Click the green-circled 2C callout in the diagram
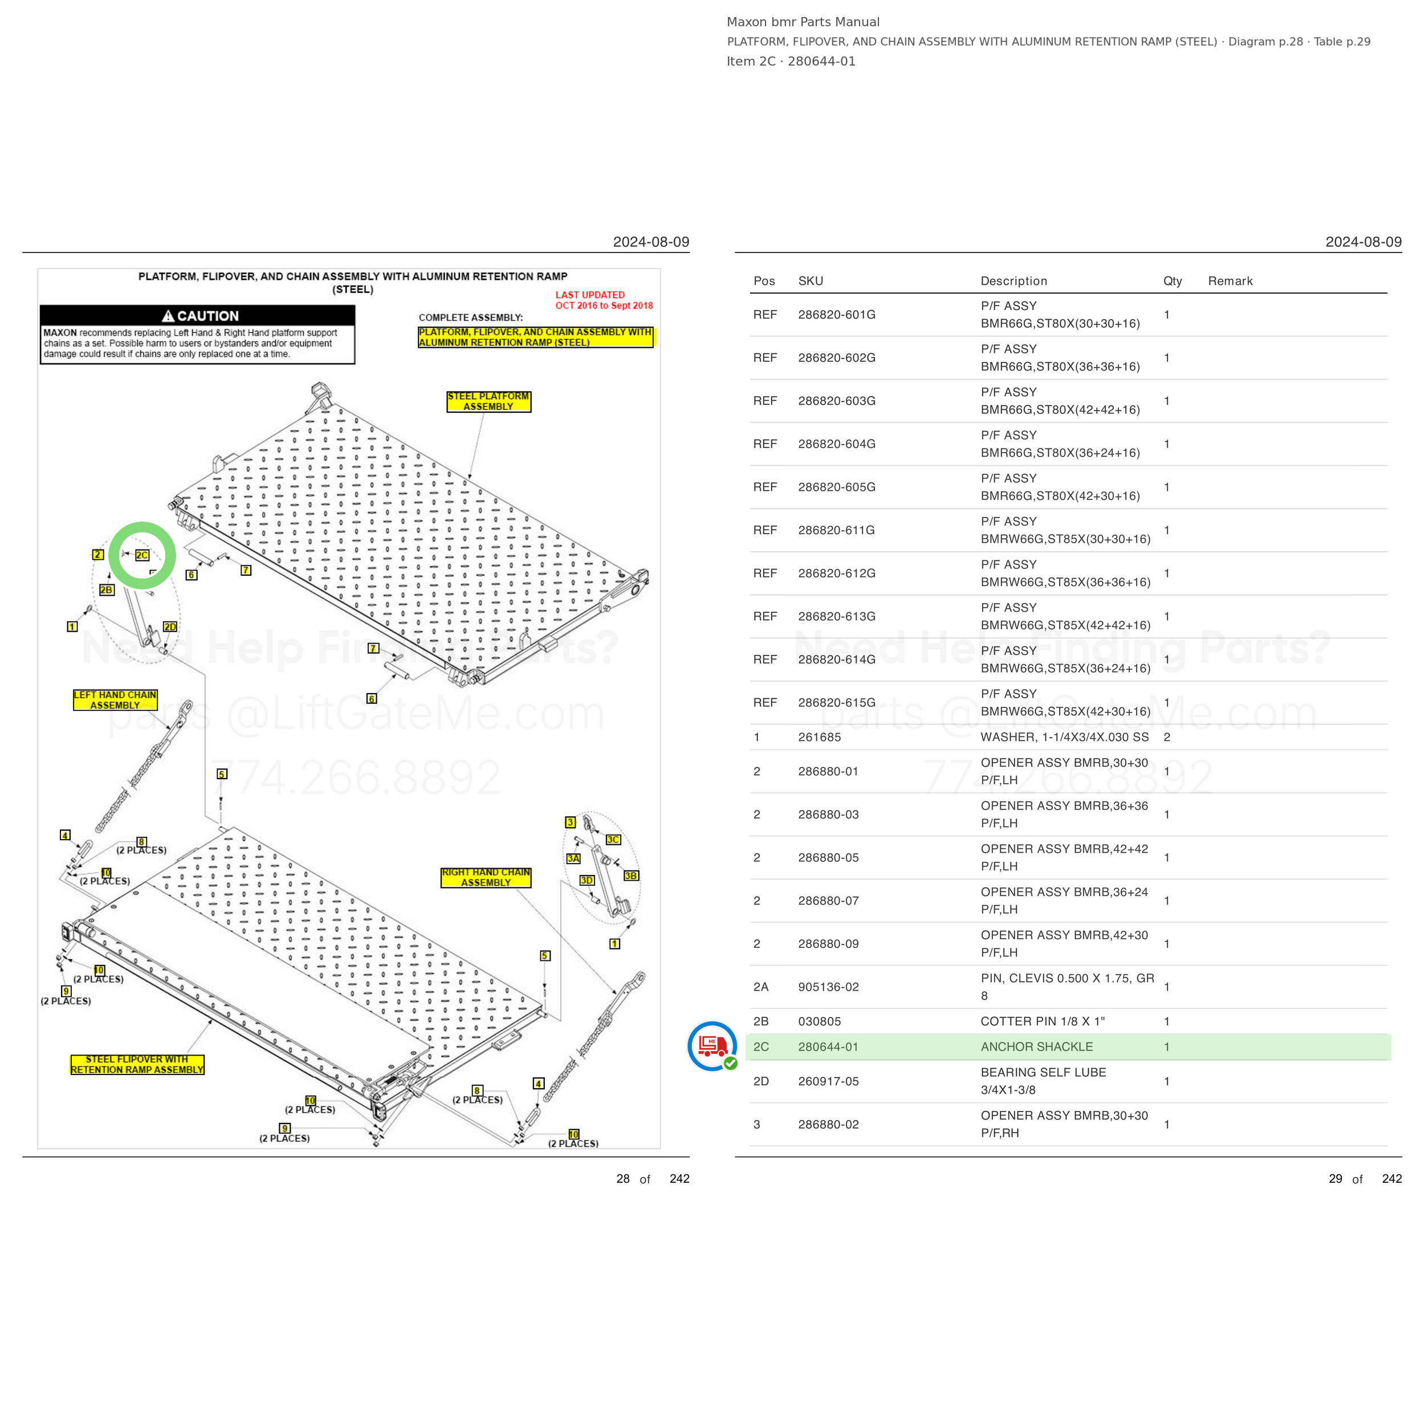coord(141,555)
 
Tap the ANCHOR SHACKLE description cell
coord(1036,1047)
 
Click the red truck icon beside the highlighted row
coord(712,1046)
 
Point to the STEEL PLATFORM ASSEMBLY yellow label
coord(488,401)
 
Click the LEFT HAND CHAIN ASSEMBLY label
coord(115,700)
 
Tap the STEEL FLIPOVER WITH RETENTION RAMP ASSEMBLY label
coord(137,1064)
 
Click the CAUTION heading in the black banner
coord(200,316)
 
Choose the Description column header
coord(1013,281)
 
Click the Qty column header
coord(1172,281)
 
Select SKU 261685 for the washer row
coord(819,737)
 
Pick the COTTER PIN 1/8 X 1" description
coord(1042,1021)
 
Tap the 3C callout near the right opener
coord(613,840)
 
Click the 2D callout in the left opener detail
coord(170,627)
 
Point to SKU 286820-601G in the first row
coord(836,314)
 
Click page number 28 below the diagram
coord(622,1179)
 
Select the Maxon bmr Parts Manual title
coord(803,22)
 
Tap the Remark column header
coord(1229,281)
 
